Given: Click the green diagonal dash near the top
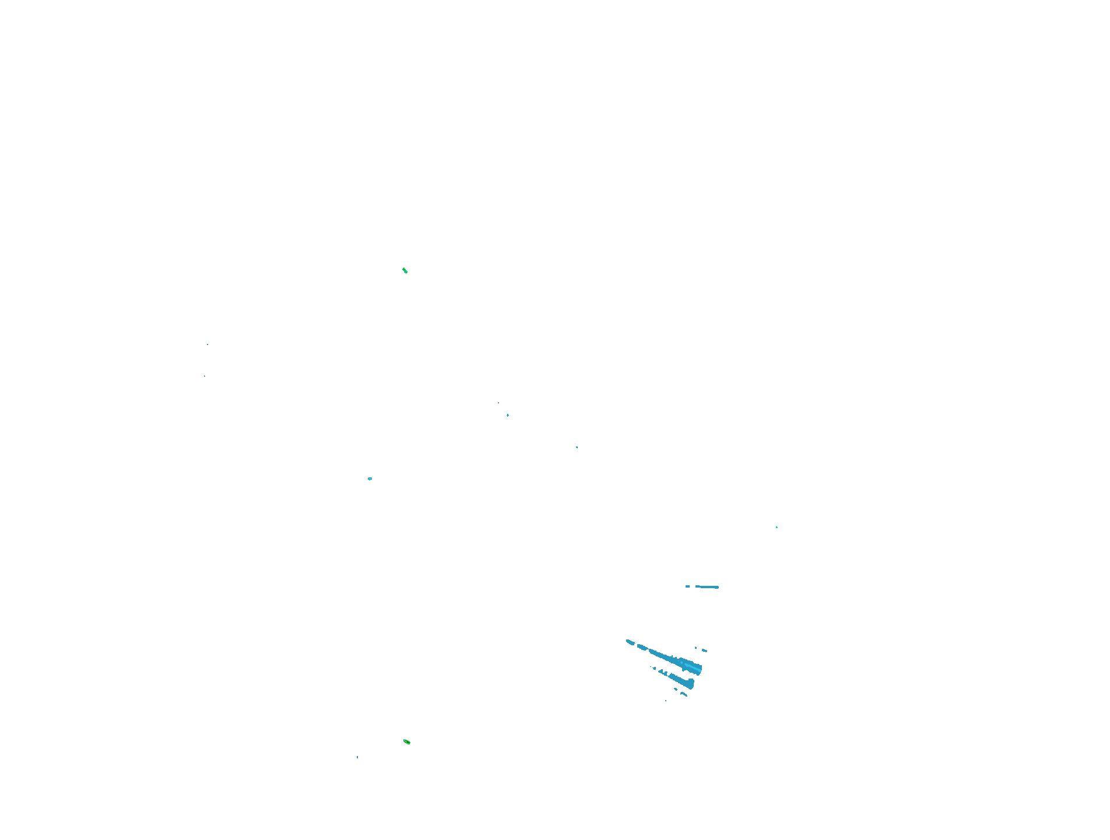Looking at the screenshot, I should point(405,270).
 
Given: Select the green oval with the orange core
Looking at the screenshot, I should point(407,742).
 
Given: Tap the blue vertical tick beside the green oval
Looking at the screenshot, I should point(357,757).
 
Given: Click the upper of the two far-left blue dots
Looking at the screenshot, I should point(208,345).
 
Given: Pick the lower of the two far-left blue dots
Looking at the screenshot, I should point(205,376).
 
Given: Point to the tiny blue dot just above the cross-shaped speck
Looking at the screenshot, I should point(498,403).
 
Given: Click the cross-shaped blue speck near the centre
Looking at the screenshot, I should point(508,415).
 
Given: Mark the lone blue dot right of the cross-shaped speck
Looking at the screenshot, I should point(577,447).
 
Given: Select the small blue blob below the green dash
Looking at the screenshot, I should point(370,479).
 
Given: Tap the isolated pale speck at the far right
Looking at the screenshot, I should point(777,528).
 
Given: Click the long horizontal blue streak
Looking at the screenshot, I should point(708,587).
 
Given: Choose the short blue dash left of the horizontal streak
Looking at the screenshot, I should point(688,586).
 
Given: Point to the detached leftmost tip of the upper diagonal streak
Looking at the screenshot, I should point(630,642).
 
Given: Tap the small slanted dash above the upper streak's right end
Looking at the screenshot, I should point(704,650).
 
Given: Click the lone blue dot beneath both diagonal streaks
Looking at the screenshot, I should point(666,700).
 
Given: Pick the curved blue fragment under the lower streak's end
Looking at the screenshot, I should point(684,694).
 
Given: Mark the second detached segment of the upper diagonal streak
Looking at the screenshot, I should point(642,647).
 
